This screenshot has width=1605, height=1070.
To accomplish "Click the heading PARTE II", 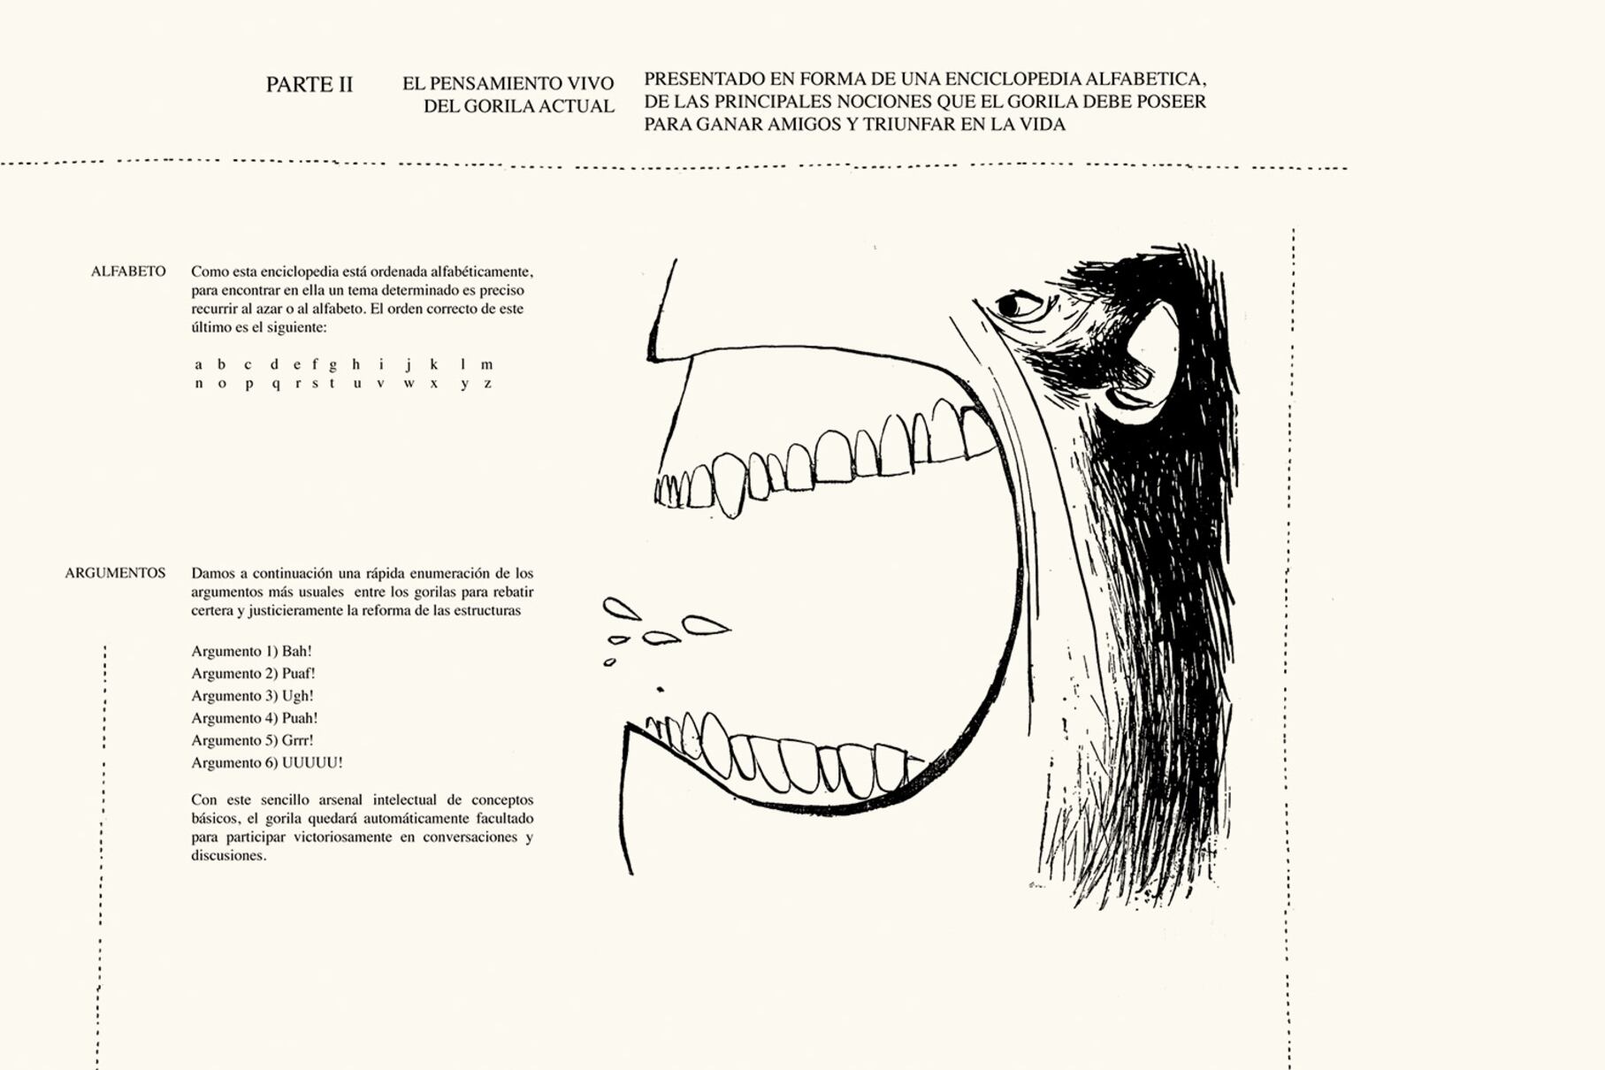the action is point(310,85).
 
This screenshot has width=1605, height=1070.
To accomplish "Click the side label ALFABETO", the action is point(128,271).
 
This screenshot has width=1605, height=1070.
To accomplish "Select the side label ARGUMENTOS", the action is point(115,573).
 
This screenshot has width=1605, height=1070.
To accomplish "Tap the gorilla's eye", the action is point(1018,305).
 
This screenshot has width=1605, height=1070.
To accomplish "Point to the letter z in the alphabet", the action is point(487,384).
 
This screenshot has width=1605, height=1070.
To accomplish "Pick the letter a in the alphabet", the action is point(198,364).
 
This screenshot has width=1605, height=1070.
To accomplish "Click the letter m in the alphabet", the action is point(486,364).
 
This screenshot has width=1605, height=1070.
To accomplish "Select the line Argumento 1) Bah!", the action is point(251,652).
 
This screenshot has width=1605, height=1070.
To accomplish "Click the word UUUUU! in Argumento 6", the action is point(312,762).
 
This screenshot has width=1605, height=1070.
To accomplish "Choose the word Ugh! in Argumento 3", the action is point(298,696).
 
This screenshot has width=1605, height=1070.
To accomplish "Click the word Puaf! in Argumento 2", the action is point(299,674).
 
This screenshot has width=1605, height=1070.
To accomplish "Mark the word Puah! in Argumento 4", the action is point(300,718).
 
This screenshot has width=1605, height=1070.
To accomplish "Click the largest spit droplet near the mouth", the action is point(706,625).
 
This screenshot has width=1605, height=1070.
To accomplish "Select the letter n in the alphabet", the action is point(199,384).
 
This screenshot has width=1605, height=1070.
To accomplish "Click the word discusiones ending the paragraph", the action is point(229,856).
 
